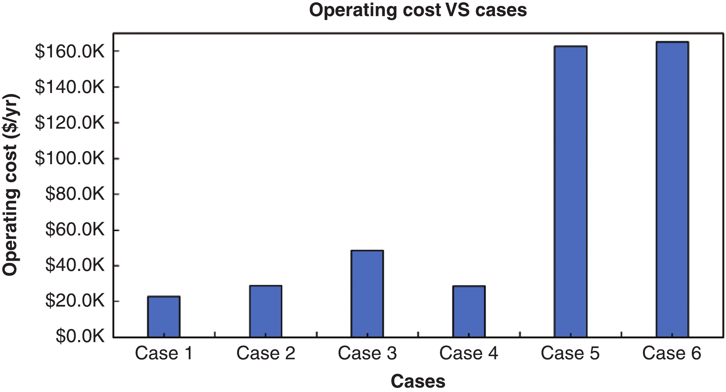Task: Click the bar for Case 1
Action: pyautogui.click(x=164, y=316)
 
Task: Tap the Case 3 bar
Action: pyautogui.click(x=367, y=293)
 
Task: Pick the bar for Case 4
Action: pyautogui.click(x=469, y=311)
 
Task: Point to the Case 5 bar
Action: pyautogui.click(x=570, y=191)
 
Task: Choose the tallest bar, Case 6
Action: pyautogui.click(x=672, y=189)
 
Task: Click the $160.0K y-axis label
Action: pyautogui.click(x=70, y=52)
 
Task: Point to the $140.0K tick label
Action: pyautogui.click(x=70, y=87)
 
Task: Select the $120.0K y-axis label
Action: pyautogui.click(x=70, y=123)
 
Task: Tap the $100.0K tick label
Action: pyautogui.click(x=70, y=158)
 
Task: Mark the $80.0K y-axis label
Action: pyautogui.click(x=75, y=194)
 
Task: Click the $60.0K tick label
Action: pyautogui.click(x=75, y=230)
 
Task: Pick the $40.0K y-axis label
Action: pyautogui.click(x=75, y=266)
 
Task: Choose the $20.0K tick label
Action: pyautogui.click(x=75, y=302)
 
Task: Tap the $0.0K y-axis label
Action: pyautogui.click(x=80, y=336)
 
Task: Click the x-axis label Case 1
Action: pyautogui.click(x=164, y=353)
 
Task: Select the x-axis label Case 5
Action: pyautogui.click(x=570, y=353)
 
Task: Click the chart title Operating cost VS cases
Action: pyautogui.click(x=418, y=10)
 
